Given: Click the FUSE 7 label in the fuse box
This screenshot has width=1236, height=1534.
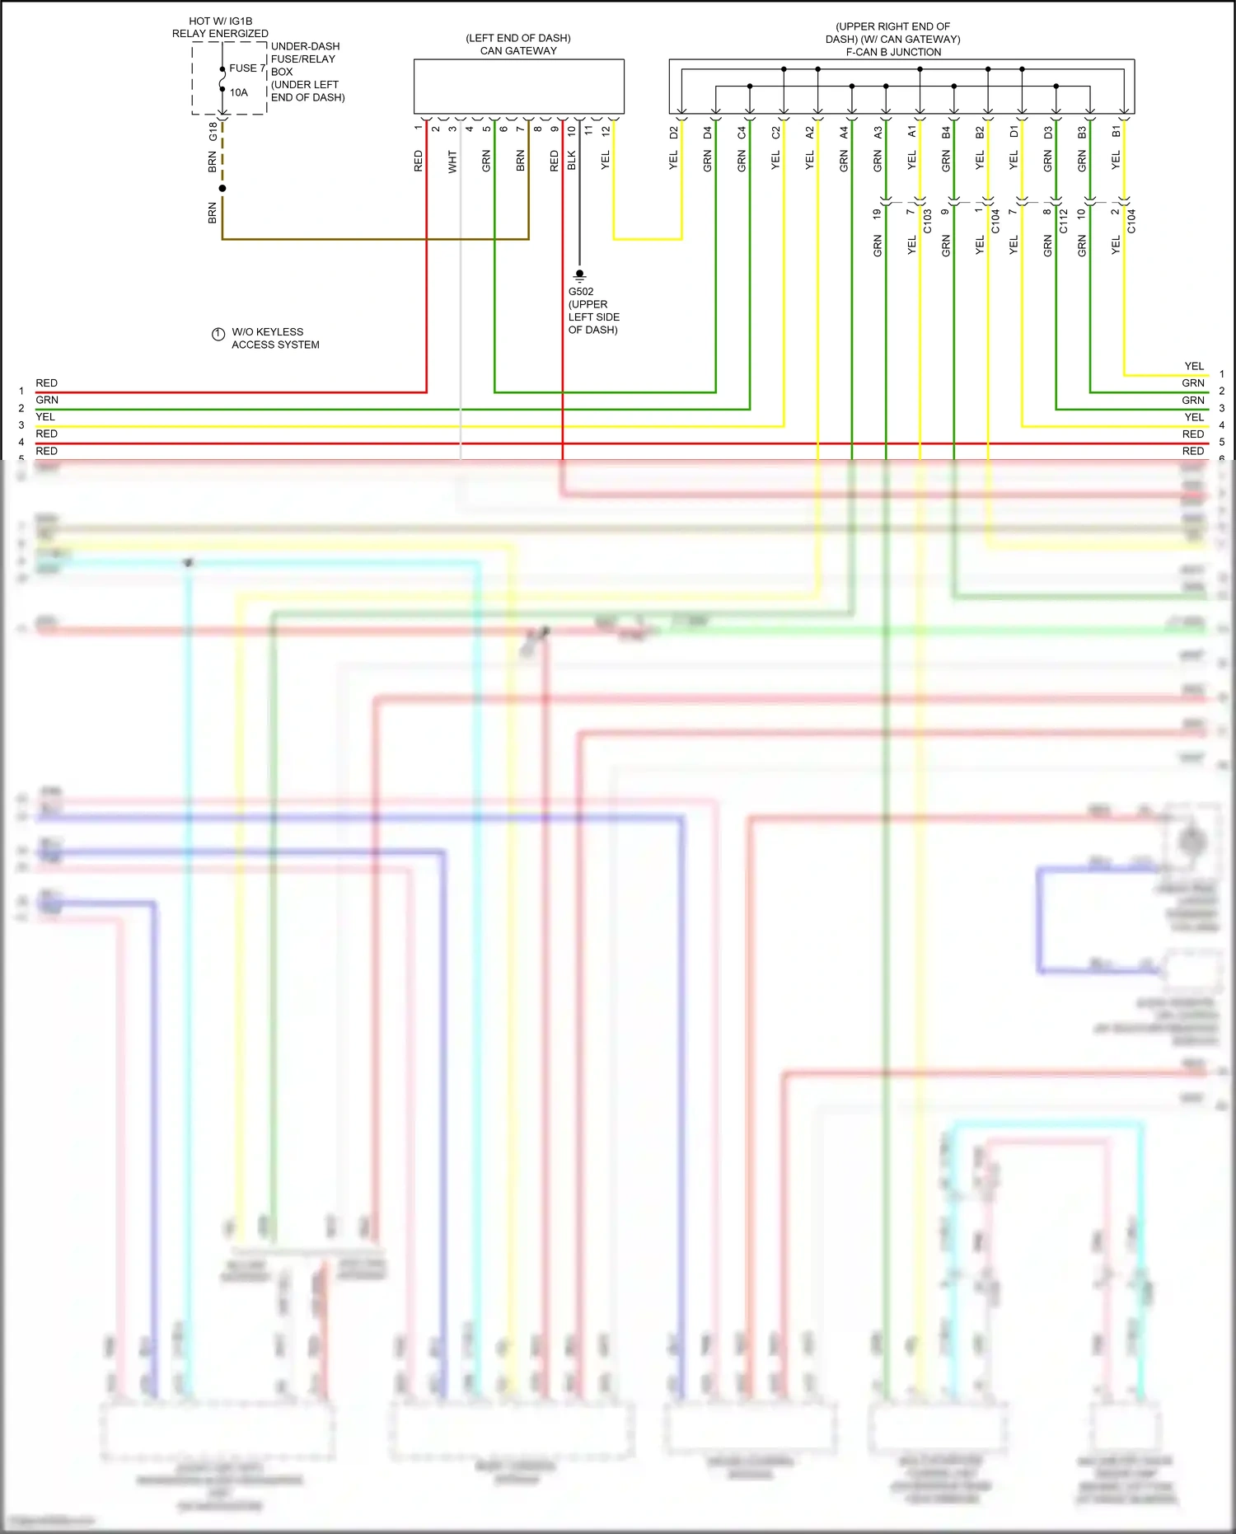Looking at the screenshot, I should coord(246,68).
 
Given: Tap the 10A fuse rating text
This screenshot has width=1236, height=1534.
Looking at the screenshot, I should coord(238,92).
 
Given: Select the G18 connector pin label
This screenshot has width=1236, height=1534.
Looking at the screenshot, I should coord(213,131).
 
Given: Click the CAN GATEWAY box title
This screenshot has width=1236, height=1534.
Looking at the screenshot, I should coord(518,51).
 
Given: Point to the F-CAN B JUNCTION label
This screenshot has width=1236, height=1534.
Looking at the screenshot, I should coord(893,52).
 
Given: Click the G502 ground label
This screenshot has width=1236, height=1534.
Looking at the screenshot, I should coord(580,292).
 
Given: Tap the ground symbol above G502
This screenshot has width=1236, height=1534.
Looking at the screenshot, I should coord(579,275).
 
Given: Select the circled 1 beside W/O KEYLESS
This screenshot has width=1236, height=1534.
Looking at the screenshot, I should coord(218,334).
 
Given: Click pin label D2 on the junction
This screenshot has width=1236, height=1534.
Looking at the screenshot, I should coord(673,132).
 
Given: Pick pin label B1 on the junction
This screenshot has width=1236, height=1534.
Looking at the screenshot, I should coord(1116,132).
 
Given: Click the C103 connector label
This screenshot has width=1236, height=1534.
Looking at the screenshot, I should coord(927,221).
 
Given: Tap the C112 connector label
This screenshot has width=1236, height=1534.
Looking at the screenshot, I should coord(1063,221).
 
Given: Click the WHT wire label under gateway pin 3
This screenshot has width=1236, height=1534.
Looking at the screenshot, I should coord(452,162).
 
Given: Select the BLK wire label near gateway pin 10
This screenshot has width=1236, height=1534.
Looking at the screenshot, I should coord(571,161).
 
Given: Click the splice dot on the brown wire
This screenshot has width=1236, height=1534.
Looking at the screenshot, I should coord(222,189).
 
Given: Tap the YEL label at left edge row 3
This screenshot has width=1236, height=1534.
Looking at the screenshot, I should coord(45,417).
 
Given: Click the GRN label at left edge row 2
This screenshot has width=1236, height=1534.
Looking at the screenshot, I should coord(47,400).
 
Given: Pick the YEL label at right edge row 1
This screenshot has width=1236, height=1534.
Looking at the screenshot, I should coord(1193,366).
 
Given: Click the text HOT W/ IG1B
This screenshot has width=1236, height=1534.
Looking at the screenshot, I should coord(220,21).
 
